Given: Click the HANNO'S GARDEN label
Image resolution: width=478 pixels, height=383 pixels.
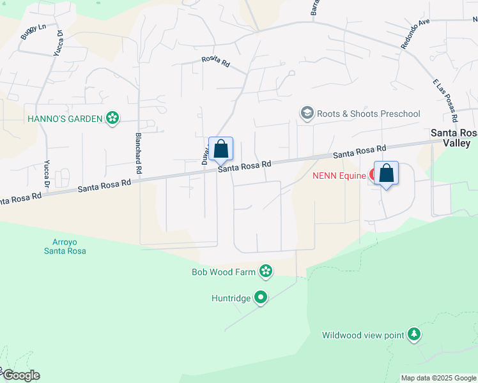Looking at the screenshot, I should (65, 119).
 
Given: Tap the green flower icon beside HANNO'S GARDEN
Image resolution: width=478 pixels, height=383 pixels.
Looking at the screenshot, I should (112, 119).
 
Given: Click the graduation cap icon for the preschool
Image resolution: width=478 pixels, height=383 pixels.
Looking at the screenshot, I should (307, 114).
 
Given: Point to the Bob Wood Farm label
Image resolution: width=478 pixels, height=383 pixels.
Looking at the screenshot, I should (224, 272).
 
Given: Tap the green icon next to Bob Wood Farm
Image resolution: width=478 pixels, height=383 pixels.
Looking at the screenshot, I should (266, 272).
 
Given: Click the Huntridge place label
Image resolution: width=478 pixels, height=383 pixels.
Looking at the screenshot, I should (231, 297).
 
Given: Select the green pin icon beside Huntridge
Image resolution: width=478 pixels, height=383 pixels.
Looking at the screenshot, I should (261, 297).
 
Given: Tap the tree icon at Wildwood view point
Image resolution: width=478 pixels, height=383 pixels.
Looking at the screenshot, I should (415, 334).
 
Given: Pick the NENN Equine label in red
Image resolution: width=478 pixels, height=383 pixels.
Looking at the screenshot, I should (339, 175).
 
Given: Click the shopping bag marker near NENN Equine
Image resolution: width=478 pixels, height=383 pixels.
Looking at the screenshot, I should (387, 174).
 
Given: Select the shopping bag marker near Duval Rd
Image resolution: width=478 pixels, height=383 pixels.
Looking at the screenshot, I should (221, 150).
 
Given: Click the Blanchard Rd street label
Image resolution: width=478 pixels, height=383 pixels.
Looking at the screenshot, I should (137, 153).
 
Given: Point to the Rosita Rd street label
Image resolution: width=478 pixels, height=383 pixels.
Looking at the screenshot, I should (215, 61).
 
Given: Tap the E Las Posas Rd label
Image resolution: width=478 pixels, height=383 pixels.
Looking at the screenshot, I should (445, 101).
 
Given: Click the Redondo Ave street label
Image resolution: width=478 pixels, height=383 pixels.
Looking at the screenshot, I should (415, 33).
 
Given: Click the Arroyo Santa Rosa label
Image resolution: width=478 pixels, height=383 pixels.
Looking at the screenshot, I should (65, 246).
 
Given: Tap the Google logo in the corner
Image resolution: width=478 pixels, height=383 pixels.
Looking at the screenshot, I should (20, 375).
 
